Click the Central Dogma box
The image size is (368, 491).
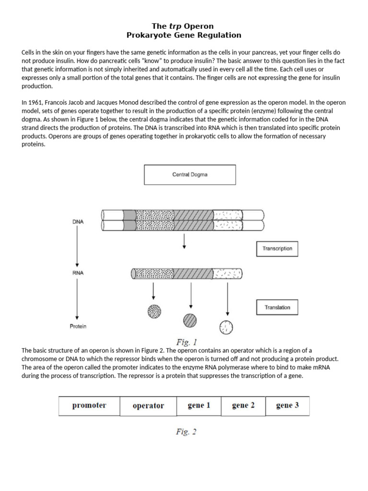(x=190, y=175)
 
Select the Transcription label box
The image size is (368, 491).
(x=277, y=249)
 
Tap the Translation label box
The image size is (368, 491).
(x=277, y=307)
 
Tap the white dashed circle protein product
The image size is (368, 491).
(x=226, y=327)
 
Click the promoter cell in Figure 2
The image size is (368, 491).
(x=89, y=406)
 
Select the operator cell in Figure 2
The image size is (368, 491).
(x=148, y=406)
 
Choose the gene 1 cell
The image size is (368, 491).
(x=199, y=406)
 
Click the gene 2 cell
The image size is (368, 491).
(x=243, y=406)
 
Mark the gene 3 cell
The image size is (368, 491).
(x=287, y=406)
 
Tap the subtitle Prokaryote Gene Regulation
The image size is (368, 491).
(x=184, y=35)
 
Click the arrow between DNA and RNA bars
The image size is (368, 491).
(x=185, y=243)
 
